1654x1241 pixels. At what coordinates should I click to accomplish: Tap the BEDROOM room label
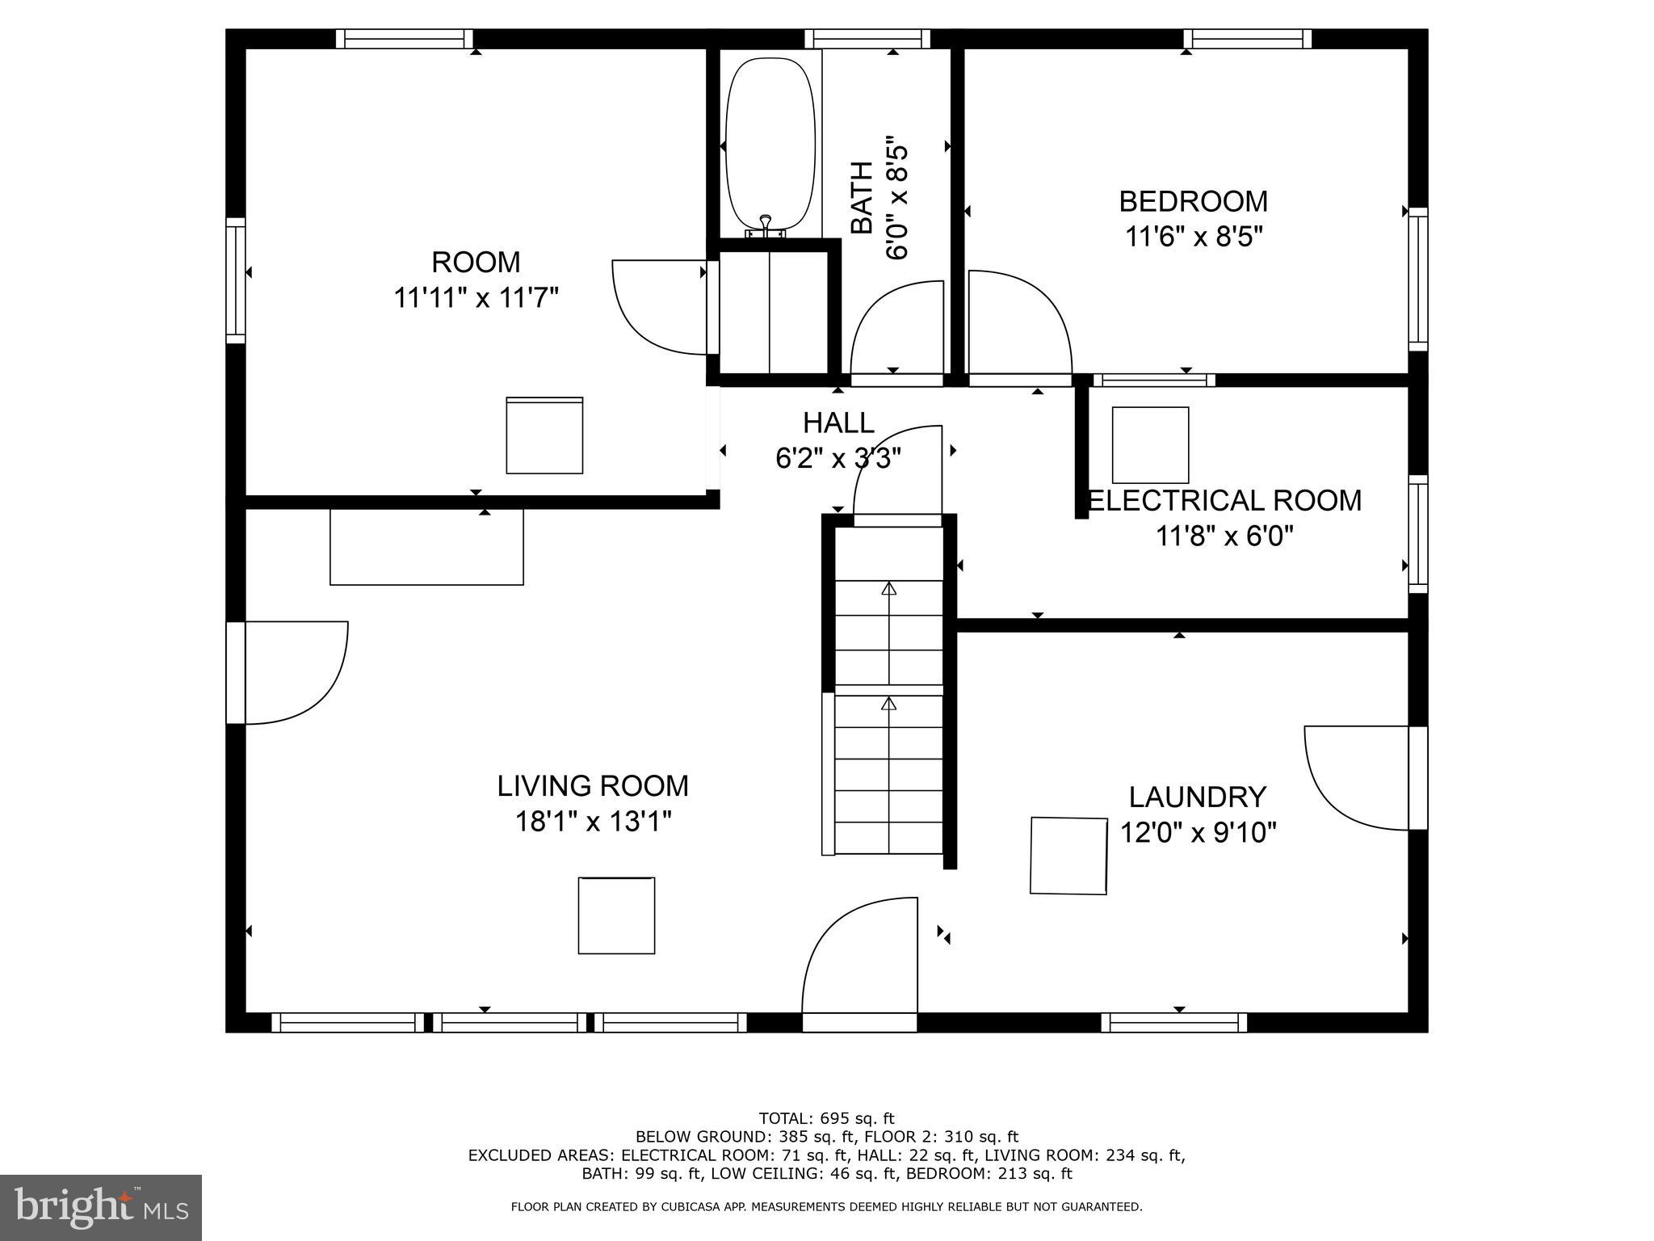click(x=1193, y=200)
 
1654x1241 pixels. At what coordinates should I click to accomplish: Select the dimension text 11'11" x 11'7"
click(x=476, y=298)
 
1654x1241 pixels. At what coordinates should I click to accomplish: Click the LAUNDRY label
click(x=1197, y=797)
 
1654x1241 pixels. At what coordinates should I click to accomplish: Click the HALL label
click(x=837, y=423)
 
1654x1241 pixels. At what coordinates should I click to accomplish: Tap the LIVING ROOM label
click(x=592, y=785)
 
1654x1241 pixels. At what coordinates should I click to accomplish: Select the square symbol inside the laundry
click(x=1068, y=856)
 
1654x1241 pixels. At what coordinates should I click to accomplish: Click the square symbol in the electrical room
click(x=1150, y=445)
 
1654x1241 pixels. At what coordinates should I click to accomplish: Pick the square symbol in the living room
click(x=616, y=915)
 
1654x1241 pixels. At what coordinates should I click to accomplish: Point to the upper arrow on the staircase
click(x=888, y=590)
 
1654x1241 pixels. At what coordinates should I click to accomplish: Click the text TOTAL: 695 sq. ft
click(x=826, y=1118)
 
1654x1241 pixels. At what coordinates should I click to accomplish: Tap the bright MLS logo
click(x=100, y=1207)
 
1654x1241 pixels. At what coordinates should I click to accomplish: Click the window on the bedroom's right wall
click(x=1417, y=279)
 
